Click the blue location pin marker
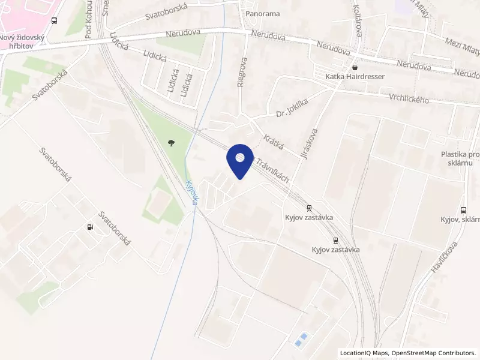click(240, 160)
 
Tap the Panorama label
click(263, 14)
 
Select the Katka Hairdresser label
click(355, 77)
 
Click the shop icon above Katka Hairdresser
click(355, 67)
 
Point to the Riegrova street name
click(241, 73)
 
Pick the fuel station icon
click(90, 227)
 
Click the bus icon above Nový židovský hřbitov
click(55, 20)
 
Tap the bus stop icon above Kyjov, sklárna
click(463, 210)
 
